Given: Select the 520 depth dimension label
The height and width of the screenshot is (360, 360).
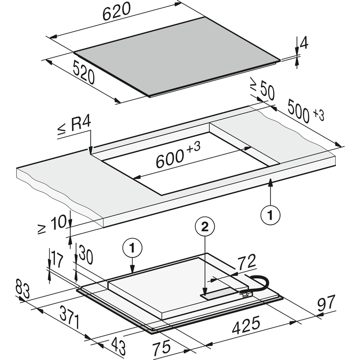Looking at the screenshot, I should (83, 72).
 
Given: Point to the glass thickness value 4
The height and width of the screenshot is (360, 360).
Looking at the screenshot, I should (304, 44).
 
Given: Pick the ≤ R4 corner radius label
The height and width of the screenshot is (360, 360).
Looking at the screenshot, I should (74, 127).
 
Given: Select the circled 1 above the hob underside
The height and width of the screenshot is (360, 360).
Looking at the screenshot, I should (132, 247).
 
